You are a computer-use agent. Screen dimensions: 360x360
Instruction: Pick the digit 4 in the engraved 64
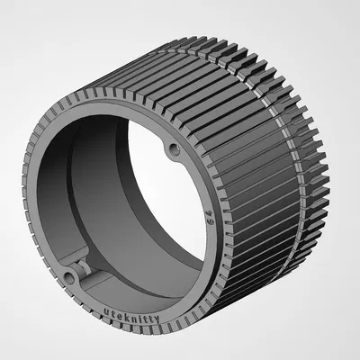point(209,243)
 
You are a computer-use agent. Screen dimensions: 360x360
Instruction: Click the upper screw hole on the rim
point(174,147)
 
